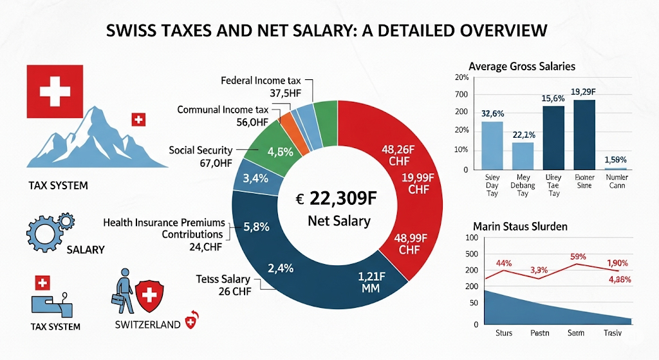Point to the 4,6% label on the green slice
coord(280,152)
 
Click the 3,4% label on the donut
coord(254,178)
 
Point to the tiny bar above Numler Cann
coord(616,169)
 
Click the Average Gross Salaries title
coord(522,66)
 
